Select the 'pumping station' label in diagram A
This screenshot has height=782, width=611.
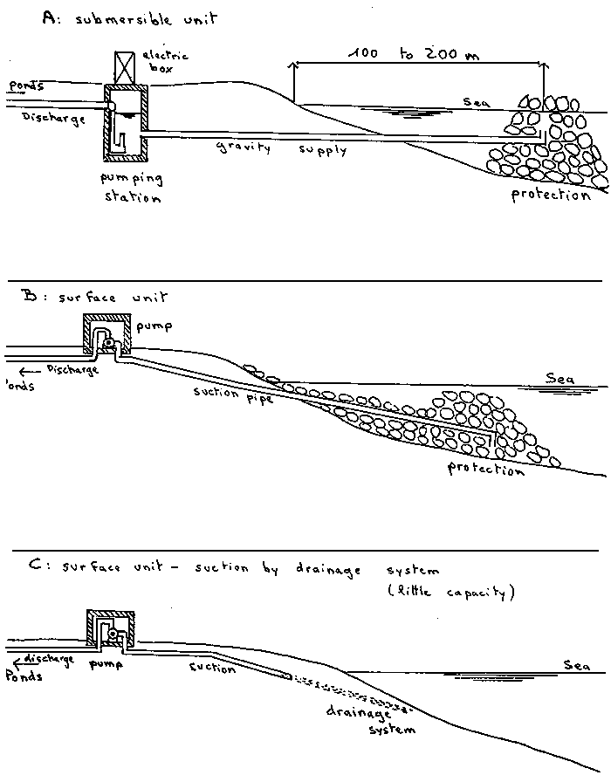point(138,188)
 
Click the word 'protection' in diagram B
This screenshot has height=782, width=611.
point(485,469)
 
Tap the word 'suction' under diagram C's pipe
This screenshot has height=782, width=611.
point(212,669)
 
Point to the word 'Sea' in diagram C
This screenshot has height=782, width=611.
point(576,665)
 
